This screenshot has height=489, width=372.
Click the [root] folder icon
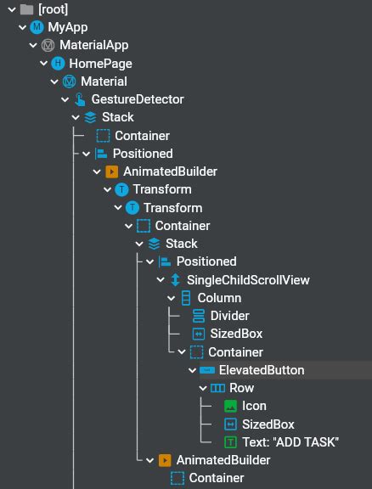coord(26,9)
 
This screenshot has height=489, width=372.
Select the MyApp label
coord(68,27)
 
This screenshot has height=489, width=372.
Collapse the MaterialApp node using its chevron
coord(33,46)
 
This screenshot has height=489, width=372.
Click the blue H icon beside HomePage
coord(58,64)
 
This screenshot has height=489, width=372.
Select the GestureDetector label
coord(138,99)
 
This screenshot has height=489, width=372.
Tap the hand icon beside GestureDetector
coord(80,99)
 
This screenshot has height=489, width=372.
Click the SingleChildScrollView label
coord(248,280)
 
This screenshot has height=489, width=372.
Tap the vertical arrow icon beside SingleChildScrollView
coord(176,280)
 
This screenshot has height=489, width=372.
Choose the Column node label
coord(219,298)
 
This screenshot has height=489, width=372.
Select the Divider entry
coord(229,316)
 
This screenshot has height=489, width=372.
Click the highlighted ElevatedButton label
coord(262,370)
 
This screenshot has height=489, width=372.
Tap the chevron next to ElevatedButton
coord(192,371)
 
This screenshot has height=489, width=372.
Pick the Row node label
coord(241,388)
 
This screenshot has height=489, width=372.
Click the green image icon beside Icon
coord(230,407)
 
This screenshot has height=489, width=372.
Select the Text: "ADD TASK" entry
coord(290,442)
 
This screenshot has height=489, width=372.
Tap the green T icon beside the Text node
coord(230,442)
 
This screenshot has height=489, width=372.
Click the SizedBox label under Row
coord(268,424)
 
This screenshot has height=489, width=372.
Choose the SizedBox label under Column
coord(236,334)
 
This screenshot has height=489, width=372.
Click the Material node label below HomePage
coord(104,81)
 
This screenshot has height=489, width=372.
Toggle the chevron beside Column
coord(171,299)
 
